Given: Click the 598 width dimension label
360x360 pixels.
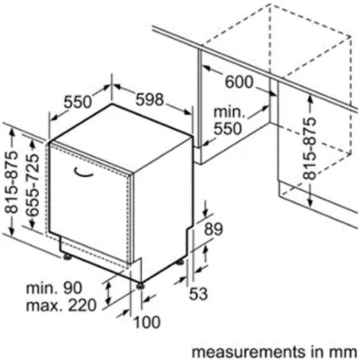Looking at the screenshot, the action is (150, 99).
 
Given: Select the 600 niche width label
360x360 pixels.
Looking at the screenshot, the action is (239, 81).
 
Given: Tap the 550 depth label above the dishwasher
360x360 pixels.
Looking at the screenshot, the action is (78, 102).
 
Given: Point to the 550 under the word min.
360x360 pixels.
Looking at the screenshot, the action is (228, 128).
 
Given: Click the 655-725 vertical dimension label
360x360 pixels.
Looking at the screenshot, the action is (32, 185).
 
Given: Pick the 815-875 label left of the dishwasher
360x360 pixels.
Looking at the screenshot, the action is (12, 182).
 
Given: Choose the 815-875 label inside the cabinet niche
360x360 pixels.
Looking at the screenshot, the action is (309, 148).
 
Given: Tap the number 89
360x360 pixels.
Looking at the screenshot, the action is (213, 229).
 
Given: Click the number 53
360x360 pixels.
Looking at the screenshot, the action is (198, 293).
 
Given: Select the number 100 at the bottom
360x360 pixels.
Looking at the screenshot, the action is (147, 322).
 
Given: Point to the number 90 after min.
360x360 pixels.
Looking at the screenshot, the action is (73, 287).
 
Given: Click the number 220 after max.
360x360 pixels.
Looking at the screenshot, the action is (82, 305).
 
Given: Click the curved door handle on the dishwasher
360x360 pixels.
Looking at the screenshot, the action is (84, 173).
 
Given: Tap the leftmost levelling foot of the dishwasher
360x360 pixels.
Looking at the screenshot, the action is (67, 256).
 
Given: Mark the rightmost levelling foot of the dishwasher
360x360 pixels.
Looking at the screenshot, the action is (180, 262).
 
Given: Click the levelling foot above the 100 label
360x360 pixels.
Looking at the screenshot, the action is (140, 286).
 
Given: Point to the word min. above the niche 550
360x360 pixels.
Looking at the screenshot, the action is (229, 112).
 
